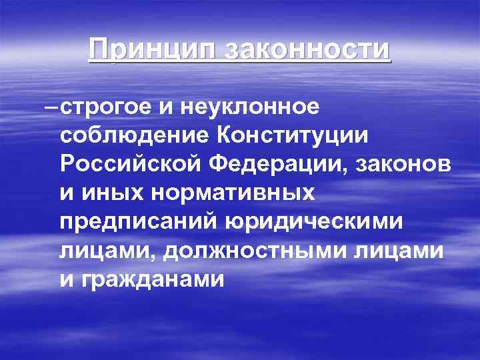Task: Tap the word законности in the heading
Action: (x=308, y=51)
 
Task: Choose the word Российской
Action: (x=131, y=164)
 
